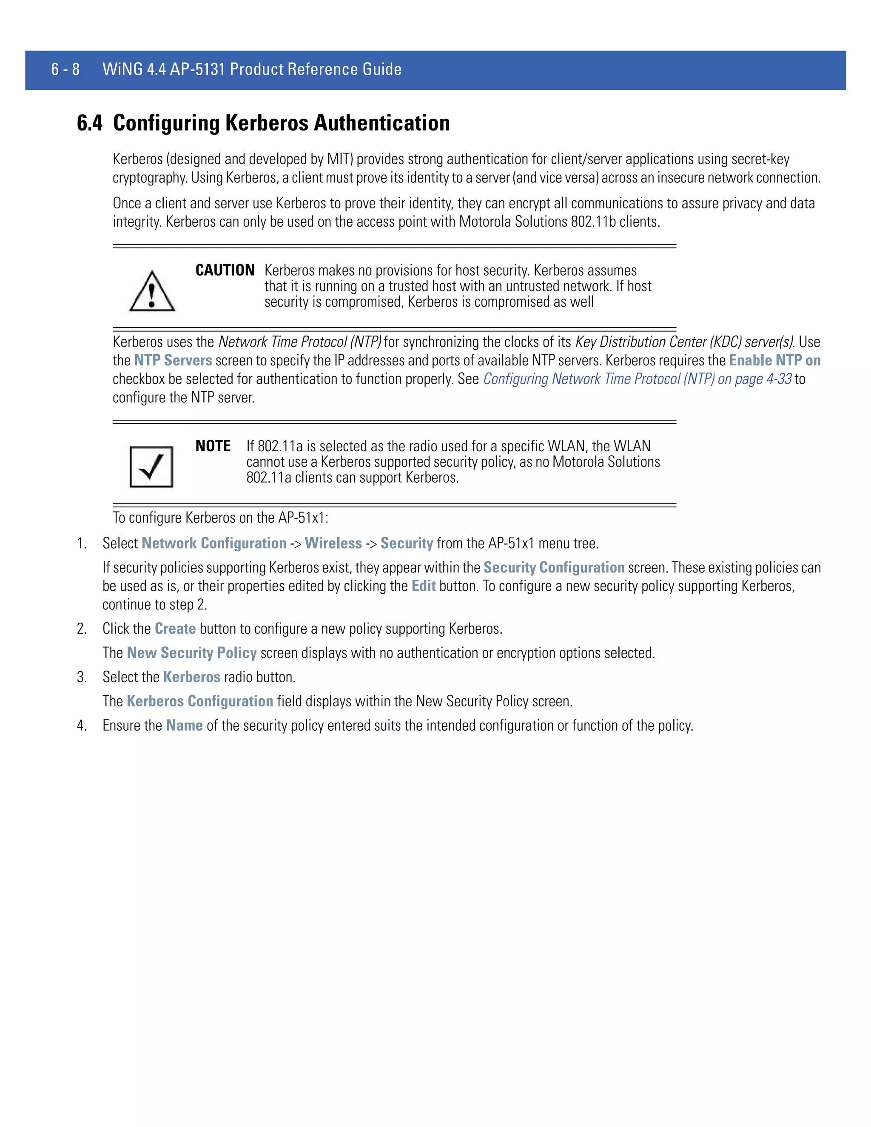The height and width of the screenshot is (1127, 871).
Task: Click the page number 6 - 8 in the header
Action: pos(65,69)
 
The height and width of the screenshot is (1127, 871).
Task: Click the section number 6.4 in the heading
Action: pos(89,123)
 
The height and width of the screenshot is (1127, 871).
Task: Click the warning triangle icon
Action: pos(152,292)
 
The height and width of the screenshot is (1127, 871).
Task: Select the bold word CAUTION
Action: pos(225,270)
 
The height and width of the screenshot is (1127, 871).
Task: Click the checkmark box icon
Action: pos(151,467)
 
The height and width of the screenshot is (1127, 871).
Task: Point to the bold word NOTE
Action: pos(213,446)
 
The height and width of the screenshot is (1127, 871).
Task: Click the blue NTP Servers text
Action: pos(173,360)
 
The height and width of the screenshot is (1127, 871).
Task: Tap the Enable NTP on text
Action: pos(774,360)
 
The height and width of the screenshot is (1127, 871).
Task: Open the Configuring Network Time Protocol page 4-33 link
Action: pos(637,379)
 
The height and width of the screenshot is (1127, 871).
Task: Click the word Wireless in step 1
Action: pos(333,544)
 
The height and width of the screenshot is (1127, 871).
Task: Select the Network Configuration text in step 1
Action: pos(213,544)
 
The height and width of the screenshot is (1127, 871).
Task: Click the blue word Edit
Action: pos(423,586)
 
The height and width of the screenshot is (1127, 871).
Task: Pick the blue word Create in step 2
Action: pos(175,629)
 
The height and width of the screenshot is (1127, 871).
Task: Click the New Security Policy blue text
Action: pos(191,653)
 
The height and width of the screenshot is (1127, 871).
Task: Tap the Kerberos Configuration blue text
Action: pos(200,701)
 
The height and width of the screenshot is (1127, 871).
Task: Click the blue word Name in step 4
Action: pos(184,726)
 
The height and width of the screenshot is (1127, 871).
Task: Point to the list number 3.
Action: pos(82,677)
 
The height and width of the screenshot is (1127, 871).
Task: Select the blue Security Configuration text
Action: pos(554,568)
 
